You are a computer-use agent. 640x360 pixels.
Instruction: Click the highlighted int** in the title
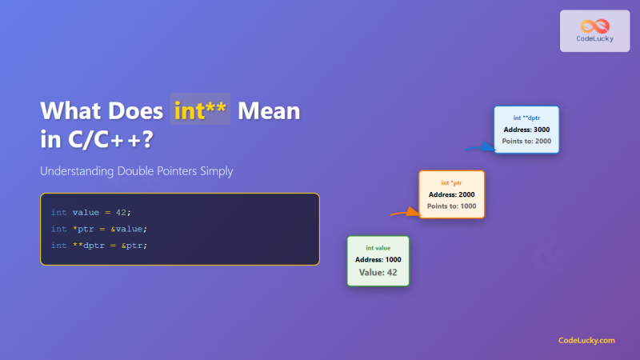coord(200,110)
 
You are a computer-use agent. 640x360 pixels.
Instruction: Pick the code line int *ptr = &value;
coord(99,229)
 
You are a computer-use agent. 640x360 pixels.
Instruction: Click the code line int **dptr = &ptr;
coord(99,245)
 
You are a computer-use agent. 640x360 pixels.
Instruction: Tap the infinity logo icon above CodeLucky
coord(594,25)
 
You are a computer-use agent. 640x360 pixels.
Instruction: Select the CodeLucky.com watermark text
coord(586,340)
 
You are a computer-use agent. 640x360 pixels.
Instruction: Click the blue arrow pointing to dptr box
coord(480,147)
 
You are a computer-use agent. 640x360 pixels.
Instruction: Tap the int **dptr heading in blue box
coord(526,118)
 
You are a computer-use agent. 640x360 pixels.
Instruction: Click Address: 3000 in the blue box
coord(526,129)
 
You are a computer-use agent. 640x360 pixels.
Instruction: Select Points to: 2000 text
coord(526,141)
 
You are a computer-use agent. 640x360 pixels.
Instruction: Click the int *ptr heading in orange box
coord(452,183)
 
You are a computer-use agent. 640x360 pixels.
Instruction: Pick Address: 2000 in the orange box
coord(452,194)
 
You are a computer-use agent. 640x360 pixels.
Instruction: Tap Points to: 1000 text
coord(452,206)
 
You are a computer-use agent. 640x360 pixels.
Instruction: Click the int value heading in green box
coord(378,248)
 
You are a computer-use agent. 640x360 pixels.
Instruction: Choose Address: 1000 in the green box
coord(378,260)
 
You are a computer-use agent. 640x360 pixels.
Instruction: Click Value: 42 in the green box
coord(378,273)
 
